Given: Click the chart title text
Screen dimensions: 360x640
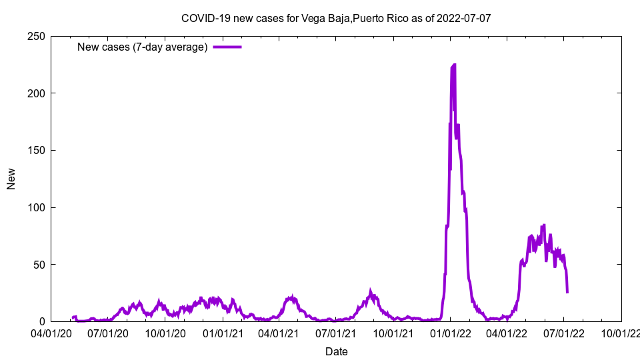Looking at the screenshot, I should [336, 18].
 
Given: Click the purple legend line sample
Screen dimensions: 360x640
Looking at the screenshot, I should [227, 47].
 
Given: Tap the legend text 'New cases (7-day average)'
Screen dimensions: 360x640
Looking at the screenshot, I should [143, 47].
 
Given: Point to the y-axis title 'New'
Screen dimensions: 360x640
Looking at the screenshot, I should [11, 179].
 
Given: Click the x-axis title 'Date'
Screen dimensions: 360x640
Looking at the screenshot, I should [336, 351].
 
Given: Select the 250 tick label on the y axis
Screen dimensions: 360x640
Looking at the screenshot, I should [37, 36].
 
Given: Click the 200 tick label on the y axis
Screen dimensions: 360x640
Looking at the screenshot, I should [37, 93].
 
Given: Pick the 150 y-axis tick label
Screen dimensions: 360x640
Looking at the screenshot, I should [37, 150].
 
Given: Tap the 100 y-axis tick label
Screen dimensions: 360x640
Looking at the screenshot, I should [37, 207].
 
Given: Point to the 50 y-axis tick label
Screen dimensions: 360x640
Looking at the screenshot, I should [39, 265].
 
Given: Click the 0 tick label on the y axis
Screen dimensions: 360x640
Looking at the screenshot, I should [42, 321].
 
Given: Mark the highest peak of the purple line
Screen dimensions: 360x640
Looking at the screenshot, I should [455, 65].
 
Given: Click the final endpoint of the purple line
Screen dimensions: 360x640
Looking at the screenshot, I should [567, 292].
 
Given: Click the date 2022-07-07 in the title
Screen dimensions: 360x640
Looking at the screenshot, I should [464, 18].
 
